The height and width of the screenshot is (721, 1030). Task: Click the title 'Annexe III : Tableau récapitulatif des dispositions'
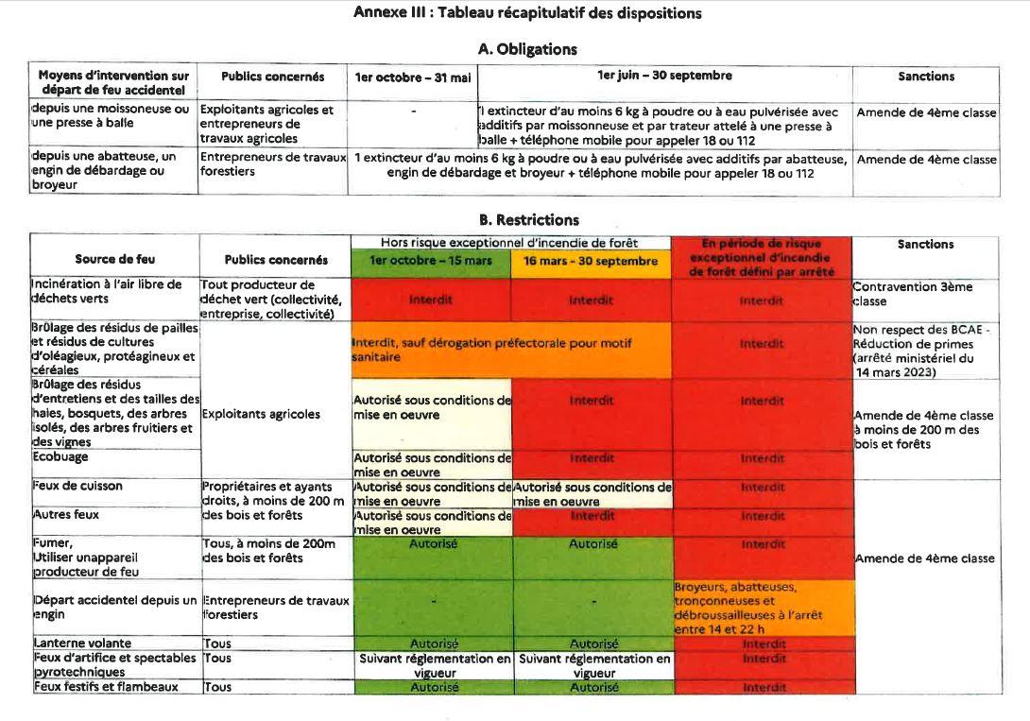pos(527,13)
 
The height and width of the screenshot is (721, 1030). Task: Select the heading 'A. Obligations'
pos(527,49)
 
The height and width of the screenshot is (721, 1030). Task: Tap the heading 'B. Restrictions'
pos(528,220)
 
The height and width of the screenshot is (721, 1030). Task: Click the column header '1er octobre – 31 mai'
pos(413,77)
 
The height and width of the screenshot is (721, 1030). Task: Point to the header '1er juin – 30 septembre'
pos(664,77)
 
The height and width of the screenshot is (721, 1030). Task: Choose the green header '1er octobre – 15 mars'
pos(430,261)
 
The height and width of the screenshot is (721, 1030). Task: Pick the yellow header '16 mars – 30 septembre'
pos(591,261)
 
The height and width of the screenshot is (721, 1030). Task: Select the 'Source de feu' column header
pos(115,259)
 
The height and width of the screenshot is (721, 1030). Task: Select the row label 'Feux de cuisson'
pos(78,486)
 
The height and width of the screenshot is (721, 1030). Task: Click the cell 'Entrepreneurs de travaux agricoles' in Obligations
pos(266,124)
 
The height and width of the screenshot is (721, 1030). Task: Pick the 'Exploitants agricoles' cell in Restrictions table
pos(248,414)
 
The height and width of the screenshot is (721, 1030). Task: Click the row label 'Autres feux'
pos(66,515)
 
